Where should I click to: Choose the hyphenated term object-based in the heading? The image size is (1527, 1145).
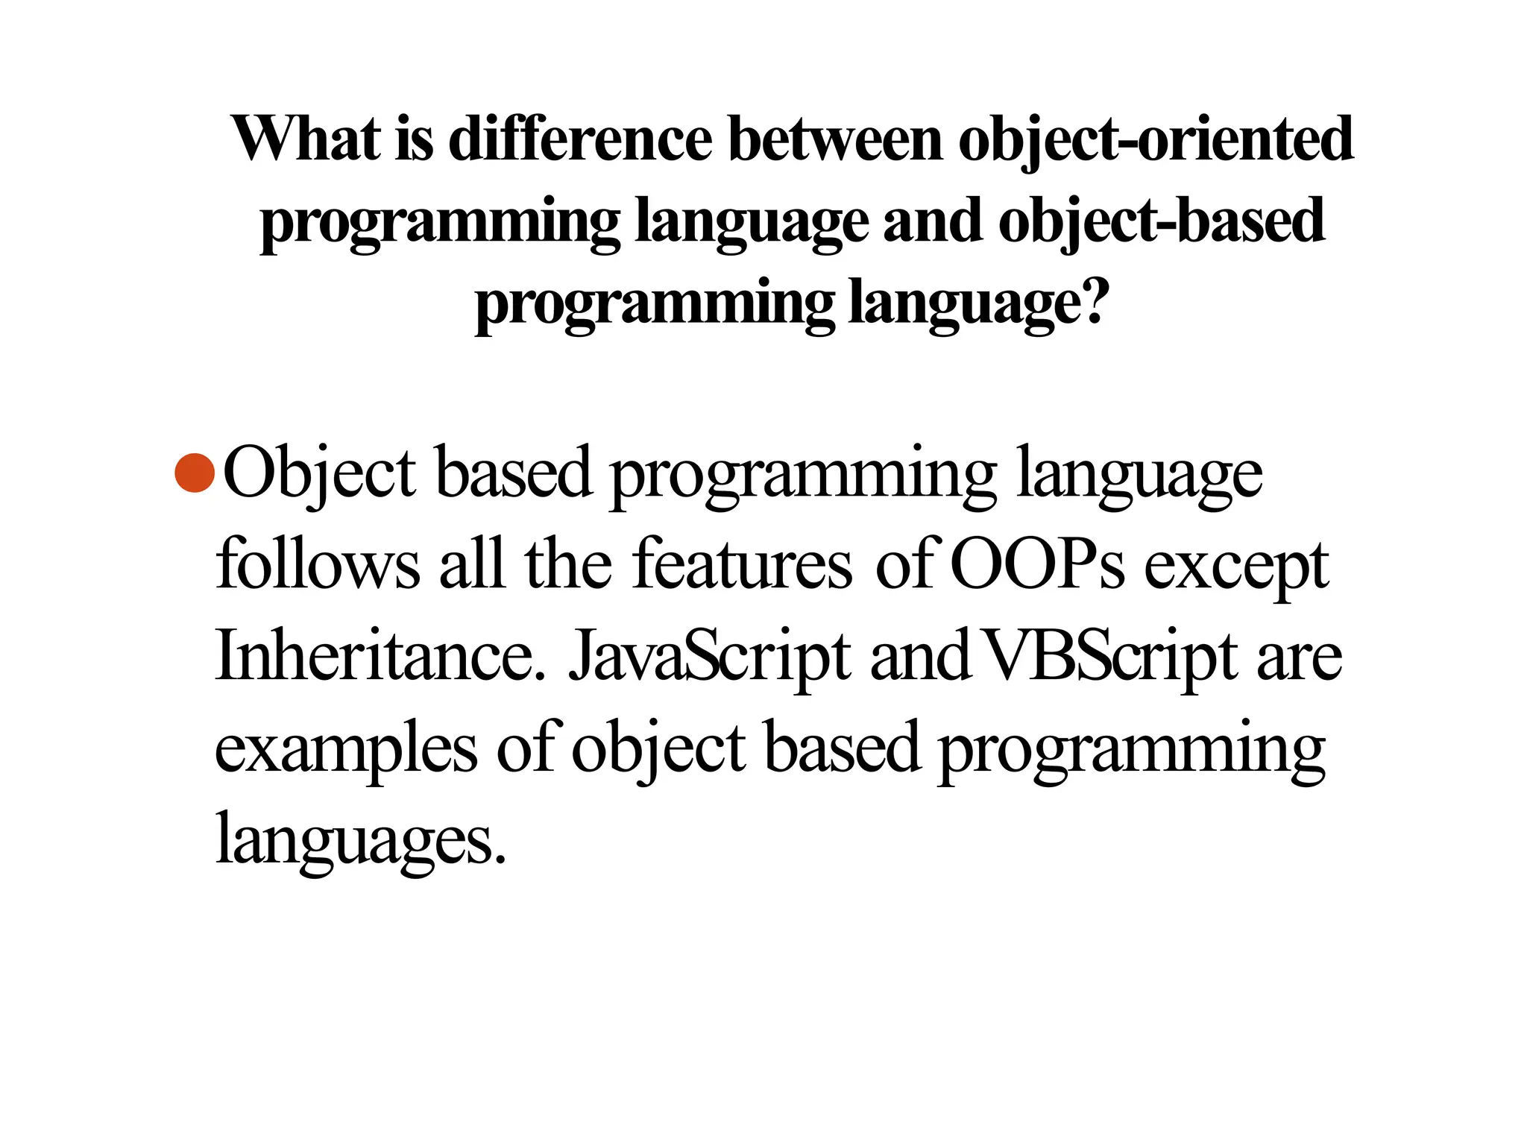(x=1161, y=222)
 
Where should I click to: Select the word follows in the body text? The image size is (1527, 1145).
(x=318, y=565)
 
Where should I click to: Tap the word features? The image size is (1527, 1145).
(x=741, y=565)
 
